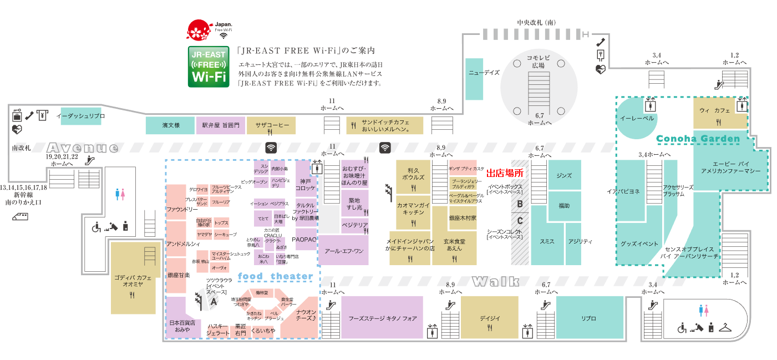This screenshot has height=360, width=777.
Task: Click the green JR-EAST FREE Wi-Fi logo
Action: (209, 67)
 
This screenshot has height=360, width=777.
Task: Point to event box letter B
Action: (520, 204)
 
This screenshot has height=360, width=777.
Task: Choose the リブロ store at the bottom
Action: (589, 318)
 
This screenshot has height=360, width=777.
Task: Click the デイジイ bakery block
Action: (490, 318)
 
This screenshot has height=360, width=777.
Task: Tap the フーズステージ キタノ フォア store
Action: (382, 318)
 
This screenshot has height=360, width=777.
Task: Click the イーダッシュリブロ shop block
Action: (81, 116)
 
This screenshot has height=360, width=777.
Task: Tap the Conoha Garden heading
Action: (698, 139)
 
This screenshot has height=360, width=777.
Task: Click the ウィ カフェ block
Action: (719, 114)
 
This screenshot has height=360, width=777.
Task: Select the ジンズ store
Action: (564, 175)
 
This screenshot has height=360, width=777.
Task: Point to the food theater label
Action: (276, 276)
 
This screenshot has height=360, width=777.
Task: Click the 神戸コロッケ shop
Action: (306, 185)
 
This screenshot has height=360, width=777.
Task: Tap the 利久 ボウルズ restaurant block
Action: (414, 174)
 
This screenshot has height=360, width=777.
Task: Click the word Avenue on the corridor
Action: (83, 148)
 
